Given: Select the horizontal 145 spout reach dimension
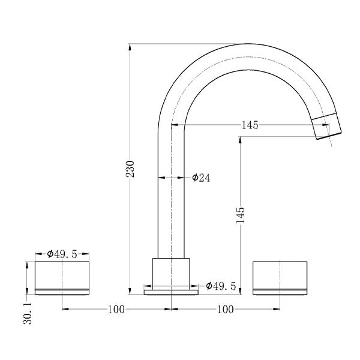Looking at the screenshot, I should tap(250, 125).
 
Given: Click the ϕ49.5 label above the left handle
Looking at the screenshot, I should tap(62, 254).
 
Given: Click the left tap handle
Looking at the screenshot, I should tap(62, 277).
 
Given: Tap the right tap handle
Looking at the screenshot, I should tap(280, 277).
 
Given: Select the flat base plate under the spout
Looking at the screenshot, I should tap(172, 292).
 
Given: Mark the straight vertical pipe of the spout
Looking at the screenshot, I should tap(171, 198).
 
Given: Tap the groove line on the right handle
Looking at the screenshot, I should tap(280, 289).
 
